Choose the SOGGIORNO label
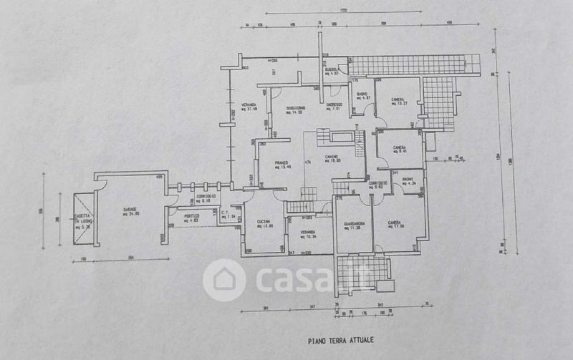coord(297,109)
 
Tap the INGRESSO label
coord(334,106)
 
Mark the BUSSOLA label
coord(332,69)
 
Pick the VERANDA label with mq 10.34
coord(308,233)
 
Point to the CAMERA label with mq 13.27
coord(399,99)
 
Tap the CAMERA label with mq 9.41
coord(400,148)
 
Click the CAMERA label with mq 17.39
coord(396,223)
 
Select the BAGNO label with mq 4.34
coord(408,180)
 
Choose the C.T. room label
coord(225,213)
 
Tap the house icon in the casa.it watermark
coord(224,280)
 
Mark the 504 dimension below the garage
coord(130,258)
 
